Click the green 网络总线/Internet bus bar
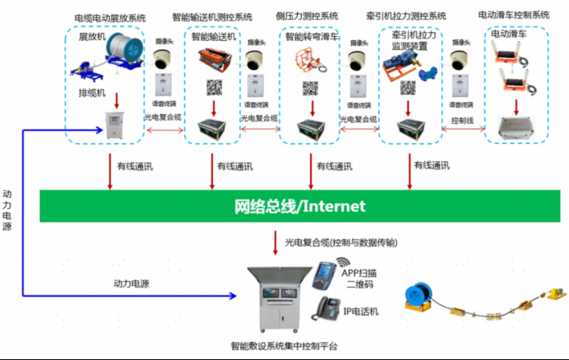(299, 207)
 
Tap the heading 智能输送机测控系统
(212, 16)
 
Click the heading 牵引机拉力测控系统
(406, 16)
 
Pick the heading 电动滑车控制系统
(513, 15)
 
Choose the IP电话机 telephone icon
(327, 307)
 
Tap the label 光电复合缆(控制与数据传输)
(340, 242)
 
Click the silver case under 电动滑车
(515, 125)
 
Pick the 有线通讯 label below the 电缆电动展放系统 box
(127, 166)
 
